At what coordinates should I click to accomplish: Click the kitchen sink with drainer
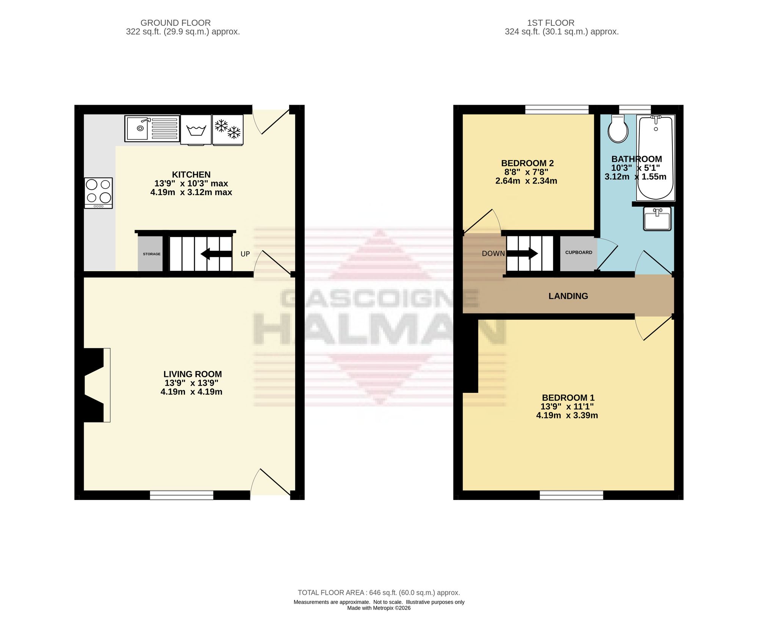(152, 129)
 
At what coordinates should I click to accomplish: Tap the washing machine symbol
(196, 130)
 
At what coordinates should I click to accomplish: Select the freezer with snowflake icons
(228, 130)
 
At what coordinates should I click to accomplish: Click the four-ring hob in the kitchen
(99, 193)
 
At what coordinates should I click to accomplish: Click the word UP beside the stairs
(245, 254)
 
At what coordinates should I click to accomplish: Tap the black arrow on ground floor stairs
(216, 254)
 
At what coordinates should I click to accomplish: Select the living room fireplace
(97, 385)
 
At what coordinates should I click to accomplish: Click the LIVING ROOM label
(193, 374)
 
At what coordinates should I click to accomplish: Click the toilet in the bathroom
(618, 129)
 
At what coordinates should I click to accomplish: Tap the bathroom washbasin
(657, 218)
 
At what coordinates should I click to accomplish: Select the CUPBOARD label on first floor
(579, 253)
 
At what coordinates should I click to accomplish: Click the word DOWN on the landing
(493, 253)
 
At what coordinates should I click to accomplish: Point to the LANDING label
(568, 296)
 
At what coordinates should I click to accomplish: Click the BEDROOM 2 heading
(527, 163)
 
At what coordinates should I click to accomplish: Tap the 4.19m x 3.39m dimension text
(567, 415)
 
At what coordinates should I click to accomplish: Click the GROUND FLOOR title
(175, 23)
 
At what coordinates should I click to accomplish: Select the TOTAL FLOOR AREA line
(379, 593)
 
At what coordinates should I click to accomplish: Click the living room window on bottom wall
(182, 495)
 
